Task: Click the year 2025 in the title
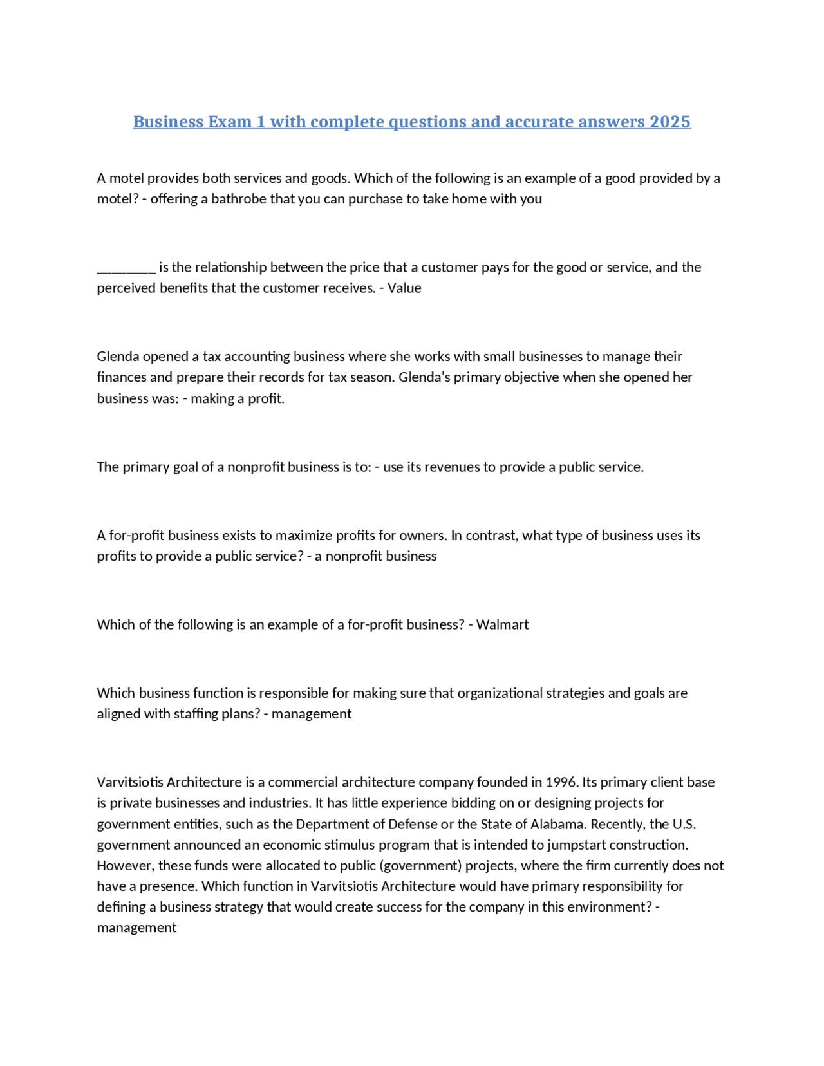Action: pos(669,122)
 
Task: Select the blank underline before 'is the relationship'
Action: pos(126,268)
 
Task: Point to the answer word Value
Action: pos(404,288)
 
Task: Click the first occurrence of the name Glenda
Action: pos(118,357)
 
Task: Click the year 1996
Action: pos(561,782)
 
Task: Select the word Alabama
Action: pos(557,824)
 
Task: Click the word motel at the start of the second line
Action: pos(114,199)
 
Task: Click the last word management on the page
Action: pos(136,928)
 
